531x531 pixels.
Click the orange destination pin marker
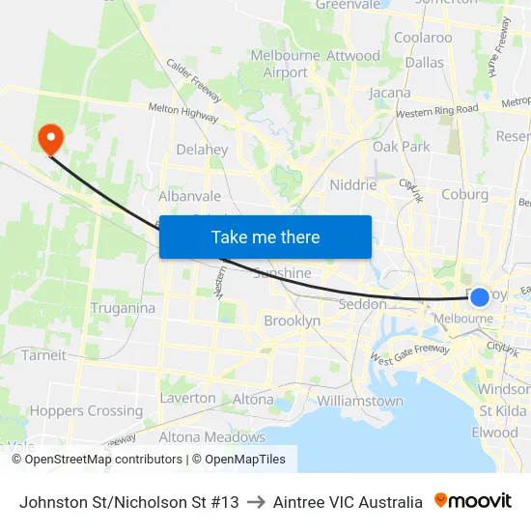click(49, 139)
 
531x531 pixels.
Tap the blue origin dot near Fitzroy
click(480, 296)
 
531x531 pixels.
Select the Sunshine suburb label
click(283, 273)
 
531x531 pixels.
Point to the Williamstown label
click(360, 401)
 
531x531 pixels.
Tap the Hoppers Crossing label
click(86, 410)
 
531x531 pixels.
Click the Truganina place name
click(123, 308)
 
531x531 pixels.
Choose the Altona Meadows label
click(211, 436)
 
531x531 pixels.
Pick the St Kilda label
click(502, 410)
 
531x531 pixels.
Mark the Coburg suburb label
click(464, 194)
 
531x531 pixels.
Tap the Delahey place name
click(203, 150)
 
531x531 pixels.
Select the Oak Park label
click(402, 147)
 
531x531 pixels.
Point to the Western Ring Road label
click(437, 112)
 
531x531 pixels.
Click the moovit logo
click(473, 501)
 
